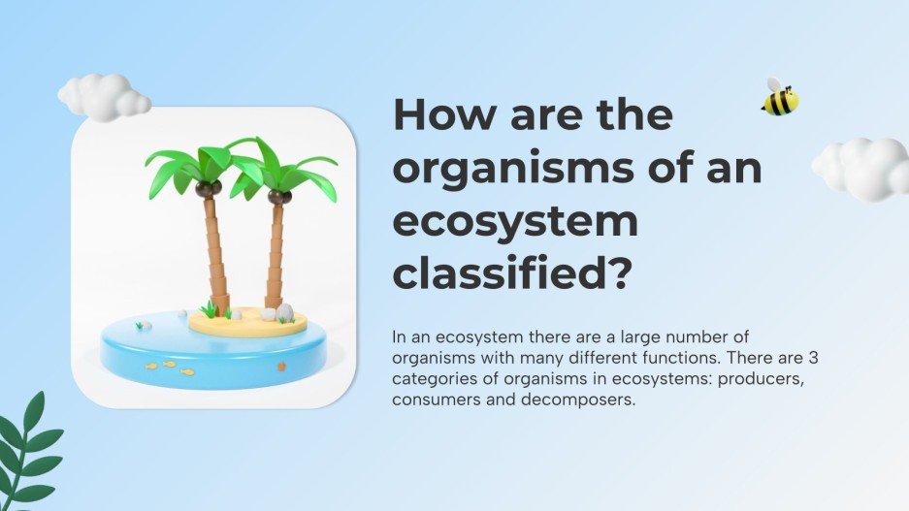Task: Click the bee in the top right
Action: (x=780, y=98)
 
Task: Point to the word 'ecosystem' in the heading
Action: (x=515, y=222)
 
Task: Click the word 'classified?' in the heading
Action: (x=513, y=274)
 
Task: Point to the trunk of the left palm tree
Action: (x=214, y=252)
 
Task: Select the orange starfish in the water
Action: (x=281, y=367)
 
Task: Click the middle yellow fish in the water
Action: (x=169, y=365)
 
